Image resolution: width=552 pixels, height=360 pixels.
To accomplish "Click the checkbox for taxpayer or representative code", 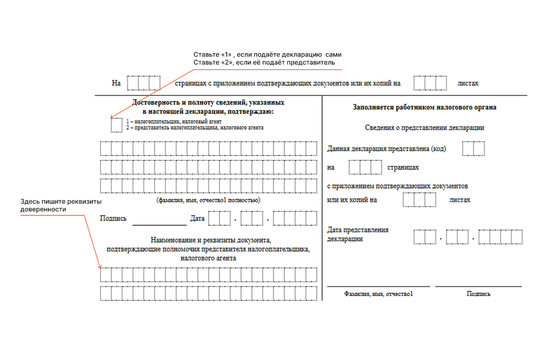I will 117,125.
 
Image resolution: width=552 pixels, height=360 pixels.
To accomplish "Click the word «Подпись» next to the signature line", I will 113,219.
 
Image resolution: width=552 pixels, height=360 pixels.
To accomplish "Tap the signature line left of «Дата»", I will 159,224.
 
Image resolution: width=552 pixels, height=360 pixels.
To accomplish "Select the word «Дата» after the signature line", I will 197,219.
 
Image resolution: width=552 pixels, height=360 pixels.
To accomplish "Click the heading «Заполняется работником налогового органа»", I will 425,108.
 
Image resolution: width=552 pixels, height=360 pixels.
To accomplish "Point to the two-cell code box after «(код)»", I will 474,148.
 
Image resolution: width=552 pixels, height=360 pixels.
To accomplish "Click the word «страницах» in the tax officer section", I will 403,167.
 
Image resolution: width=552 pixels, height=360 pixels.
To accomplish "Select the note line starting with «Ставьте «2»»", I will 264,63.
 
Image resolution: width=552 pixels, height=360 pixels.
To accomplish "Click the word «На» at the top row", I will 116,83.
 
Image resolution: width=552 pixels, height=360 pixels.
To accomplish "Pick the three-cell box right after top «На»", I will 144,83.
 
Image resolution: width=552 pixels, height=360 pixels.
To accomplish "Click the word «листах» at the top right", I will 467,83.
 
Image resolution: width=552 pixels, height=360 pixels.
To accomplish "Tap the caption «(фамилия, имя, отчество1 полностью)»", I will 208,200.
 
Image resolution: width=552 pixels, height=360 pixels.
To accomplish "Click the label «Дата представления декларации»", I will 358,234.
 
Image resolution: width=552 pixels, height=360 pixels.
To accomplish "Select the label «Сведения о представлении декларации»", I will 424,127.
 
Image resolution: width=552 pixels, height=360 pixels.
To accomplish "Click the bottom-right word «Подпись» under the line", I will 479,294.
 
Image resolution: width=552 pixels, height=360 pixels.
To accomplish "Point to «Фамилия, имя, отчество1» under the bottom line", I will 378,294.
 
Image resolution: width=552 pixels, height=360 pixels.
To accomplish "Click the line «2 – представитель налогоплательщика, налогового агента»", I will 195,128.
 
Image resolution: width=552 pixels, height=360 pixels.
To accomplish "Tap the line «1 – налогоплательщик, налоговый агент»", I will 174,121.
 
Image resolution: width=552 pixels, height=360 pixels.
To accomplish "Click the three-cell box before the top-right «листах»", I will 430,83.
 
